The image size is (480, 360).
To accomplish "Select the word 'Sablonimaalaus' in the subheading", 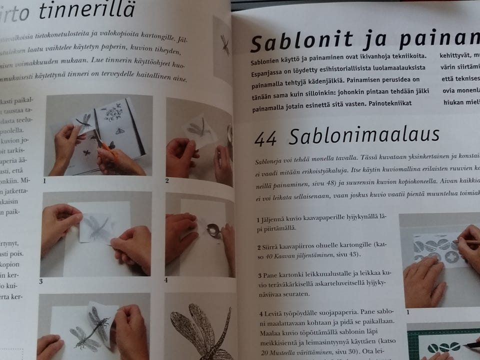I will [363, 135].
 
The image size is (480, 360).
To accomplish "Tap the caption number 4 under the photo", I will [166, 280].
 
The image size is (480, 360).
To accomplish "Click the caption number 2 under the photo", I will [167, 180].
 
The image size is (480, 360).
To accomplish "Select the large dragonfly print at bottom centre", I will [200, 330].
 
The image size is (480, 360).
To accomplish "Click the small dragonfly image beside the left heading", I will [224, 44].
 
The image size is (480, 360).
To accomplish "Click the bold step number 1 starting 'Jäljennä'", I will [258, 220].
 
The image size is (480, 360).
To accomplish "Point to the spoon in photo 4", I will [214, 231].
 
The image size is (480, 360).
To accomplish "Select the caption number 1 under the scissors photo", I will [44, 180].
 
